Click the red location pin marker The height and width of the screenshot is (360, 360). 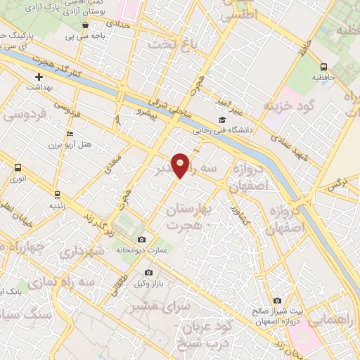click(x=181, y=165)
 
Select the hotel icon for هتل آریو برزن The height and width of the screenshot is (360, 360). click(x=69, y=134)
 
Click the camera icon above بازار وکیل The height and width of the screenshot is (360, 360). click(x=148, y=272)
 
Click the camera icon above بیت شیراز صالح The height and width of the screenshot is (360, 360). click(x=276, y=301)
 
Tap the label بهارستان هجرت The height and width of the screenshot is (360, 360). click(x=186, y=217)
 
